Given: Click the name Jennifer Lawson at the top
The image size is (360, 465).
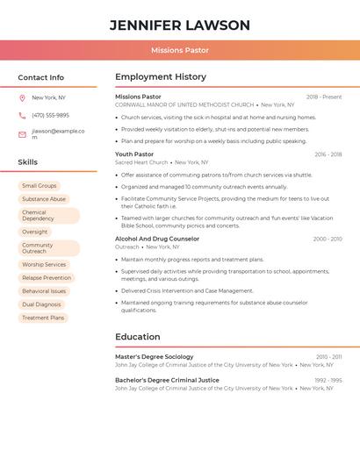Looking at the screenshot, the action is pos(180,25).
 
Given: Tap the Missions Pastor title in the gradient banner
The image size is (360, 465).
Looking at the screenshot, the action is pos(180,51).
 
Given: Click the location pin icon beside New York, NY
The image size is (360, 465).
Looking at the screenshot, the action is pos(22,97).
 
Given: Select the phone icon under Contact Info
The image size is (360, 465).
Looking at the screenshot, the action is pos(22,115).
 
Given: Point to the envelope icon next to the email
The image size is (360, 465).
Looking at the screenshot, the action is pos(22,134).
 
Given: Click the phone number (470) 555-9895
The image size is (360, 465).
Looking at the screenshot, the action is pos(50,115).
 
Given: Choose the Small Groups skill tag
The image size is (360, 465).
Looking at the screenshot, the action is pos(40,186).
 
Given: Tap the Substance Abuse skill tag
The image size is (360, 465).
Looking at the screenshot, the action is pos(44,199).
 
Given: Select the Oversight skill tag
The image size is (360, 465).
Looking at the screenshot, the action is pos(35,232).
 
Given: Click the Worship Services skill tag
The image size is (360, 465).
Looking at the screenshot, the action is pos(44,264).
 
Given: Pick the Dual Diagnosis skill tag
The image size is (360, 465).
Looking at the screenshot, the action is pos(40,304).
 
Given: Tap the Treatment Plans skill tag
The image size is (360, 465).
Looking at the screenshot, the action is pos(43,318).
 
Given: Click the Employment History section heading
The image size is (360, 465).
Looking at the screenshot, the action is pos(161,77).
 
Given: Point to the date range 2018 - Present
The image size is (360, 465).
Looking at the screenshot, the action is pos(324,97).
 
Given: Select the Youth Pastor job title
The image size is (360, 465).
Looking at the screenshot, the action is pos(134,154).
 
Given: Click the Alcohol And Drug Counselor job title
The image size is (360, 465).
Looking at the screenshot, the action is pos(157,239).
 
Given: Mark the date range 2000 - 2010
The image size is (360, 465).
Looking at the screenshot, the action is pos(327,239).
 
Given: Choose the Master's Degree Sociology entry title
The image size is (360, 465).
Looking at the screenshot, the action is pos(155,357).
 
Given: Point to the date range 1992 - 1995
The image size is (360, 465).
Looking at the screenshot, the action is pos(328,380).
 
